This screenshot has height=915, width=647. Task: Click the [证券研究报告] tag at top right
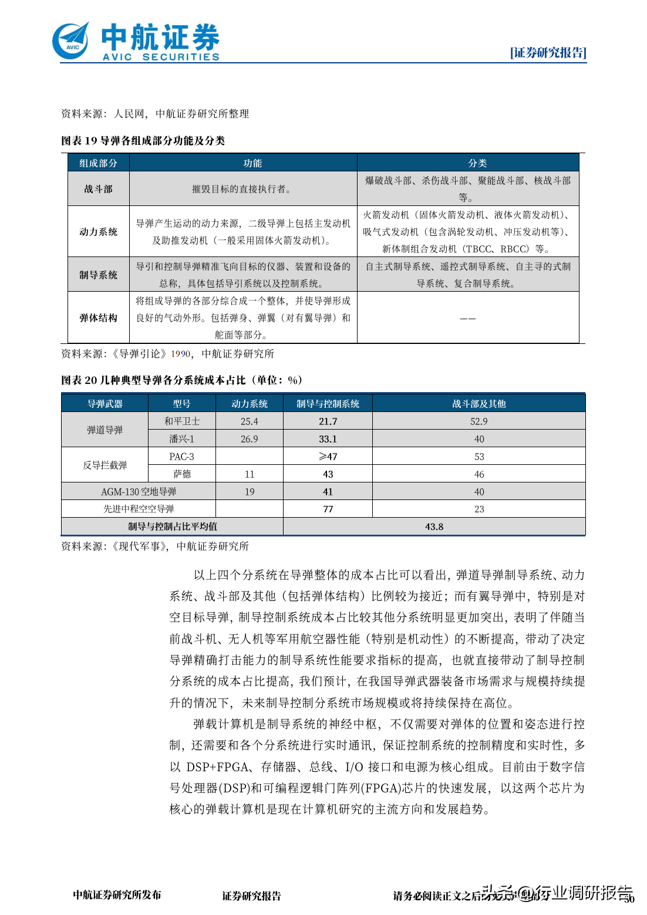tap(548, 53)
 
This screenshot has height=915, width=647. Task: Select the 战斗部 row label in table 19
tap(98, 189)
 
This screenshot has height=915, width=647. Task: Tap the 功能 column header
tap(252, 163)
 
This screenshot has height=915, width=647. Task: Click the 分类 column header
tap(477, 163)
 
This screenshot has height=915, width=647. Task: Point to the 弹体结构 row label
tap(98, 318)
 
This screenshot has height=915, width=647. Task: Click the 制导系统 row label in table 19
tap(98, 275)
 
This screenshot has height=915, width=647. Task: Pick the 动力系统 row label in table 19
tap(98, 232)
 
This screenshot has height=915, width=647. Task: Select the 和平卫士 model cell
tap(182, 421)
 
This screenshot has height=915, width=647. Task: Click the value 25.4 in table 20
tap(250, 421)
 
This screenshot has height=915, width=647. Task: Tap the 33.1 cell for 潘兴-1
tap(328, 439)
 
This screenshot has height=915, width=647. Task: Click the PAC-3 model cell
tap(181, 457)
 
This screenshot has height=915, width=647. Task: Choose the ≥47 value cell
tap(328, 457)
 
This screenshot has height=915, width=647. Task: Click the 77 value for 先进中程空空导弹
tap(328, 509)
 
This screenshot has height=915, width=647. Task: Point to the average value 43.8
tap(434, 526)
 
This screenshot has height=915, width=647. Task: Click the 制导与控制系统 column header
tap(328, 404)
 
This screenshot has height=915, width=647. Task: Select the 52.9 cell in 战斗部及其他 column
tap(478, 421)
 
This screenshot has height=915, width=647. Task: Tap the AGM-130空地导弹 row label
tap(139, 492)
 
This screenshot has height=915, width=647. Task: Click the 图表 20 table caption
tap(181, 380)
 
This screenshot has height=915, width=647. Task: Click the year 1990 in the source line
tap(181, 354)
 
